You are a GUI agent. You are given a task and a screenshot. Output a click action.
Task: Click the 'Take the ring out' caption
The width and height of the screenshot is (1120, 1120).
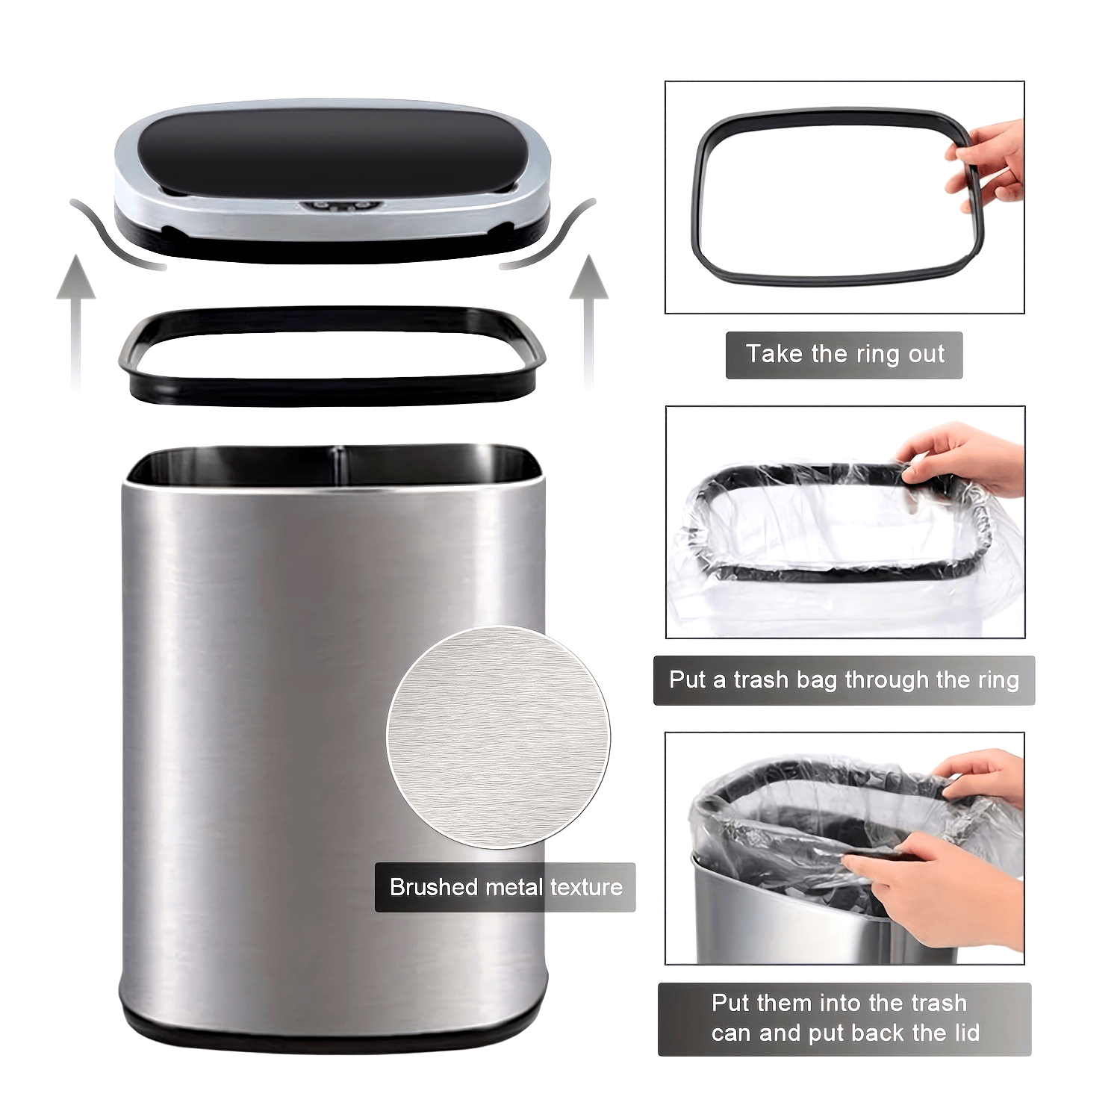point(844,355)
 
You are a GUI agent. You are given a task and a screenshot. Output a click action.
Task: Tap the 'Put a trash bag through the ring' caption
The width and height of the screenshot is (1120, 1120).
point(844,680)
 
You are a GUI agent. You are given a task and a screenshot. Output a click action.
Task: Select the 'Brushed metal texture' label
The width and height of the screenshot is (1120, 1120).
point(505,887)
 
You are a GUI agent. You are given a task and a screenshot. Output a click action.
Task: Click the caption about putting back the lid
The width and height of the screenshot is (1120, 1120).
point(844,1018)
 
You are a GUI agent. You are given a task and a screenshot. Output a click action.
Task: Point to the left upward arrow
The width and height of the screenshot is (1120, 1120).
point(75,314)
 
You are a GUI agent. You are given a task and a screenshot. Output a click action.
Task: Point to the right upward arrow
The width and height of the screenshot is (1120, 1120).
point(589,314)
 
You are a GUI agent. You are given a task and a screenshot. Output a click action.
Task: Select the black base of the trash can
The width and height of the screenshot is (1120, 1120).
point(334,1024)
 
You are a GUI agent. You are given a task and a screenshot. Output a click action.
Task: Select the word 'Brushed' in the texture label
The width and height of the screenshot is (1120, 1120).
point(434,887)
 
